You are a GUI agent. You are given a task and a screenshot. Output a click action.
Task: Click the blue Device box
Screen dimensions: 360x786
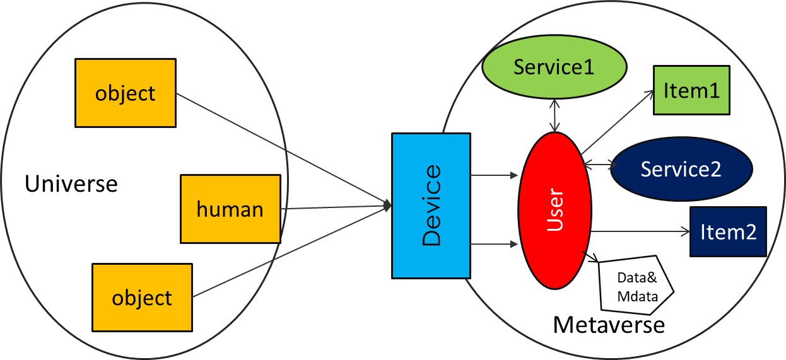click(431, 206)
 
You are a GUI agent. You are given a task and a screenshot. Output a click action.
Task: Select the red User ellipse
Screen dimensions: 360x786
click(554, 211)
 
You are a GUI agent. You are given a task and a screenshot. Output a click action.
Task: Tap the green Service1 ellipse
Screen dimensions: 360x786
click(554, 67)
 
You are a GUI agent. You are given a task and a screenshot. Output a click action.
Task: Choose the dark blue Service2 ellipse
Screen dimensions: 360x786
click(681, 169)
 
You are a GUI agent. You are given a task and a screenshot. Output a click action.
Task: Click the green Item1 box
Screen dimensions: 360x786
click(691, 90)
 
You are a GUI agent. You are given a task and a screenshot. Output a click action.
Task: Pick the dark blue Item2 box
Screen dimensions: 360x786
click(728, 232)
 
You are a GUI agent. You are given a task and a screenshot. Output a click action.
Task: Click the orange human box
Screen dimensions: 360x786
click(230, 209)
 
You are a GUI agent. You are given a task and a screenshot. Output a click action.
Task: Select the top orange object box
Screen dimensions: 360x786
click(125, 93)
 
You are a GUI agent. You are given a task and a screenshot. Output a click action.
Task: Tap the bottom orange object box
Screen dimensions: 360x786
click(142, 298)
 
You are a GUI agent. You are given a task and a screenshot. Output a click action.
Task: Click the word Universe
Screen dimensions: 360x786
click(71, 184)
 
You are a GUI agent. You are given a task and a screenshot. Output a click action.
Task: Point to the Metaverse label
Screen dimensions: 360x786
click(609, 325)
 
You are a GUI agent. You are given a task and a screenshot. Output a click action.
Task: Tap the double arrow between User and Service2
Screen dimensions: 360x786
click(600, 165)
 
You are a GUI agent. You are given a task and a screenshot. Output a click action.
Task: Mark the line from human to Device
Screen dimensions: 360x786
click(334, 206)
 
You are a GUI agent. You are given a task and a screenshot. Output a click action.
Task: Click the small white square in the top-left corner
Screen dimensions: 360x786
click(21, 16)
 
